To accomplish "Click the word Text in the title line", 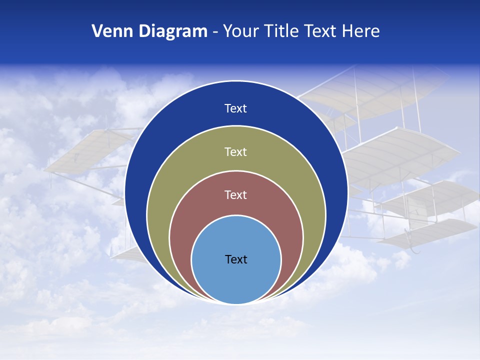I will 321,31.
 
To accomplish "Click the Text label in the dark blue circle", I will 236,108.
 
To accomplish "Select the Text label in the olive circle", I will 236,151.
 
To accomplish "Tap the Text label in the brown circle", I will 236,194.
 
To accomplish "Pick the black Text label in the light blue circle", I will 236,259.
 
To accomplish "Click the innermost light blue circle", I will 236,280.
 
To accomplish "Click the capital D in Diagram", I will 144,31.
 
